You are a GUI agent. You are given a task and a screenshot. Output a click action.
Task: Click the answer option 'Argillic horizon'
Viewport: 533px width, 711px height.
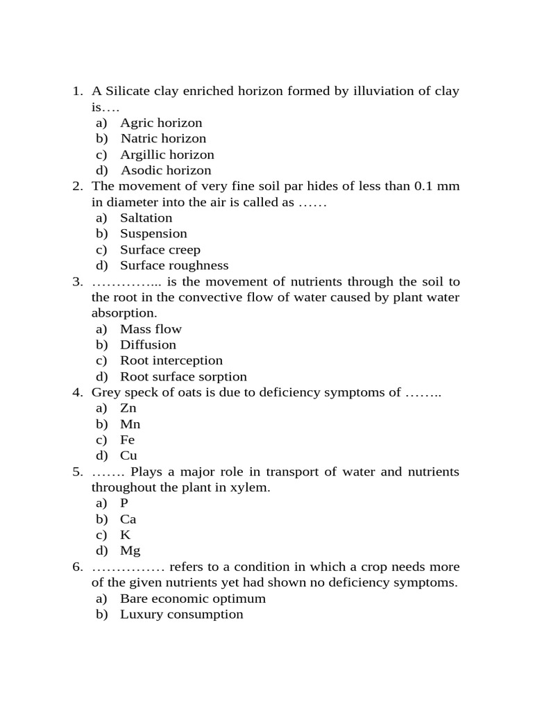pos(167,155)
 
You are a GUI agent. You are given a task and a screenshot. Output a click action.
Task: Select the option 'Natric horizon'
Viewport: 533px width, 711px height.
pos(163,139)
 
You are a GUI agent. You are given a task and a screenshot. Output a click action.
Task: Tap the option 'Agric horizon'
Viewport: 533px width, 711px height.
pos(161,123)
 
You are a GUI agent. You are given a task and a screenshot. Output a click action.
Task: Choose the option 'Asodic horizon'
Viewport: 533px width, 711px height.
pos(166,171)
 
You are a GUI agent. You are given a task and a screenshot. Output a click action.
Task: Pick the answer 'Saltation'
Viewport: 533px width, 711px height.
pos(146,218)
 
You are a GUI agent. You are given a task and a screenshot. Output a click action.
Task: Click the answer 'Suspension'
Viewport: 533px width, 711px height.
pos(153,234)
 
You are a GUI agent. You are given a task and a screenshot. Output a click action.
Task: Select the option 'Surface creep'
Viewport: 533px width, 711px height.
pos(160,250)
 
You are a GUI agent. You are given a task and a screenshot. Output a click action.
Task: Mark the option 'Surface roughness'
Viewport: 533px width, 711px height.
pos(174,266)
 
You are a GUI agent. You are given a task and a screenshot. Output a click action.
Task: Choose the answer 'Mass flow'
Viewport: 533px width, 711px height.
pos(151,329)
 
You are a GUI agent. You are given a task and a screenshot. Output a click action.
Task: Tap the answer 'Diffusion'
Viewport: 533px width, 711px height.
pos(148,345)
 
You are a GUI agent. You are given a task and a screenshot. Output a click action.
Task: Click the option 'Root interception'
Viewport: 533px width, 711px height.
pos(171,361)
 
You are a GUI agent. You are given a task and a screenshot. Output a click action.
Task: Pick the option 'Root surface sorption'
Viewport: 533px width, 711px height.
pos(183,377)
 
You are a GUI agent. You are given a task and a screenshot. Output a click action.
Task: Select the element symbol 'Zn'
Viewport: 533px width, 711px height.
pos(128,408)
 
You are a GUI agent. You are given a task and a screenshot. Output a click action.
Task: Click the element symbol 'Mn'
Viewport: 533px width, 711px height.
pos(130,424)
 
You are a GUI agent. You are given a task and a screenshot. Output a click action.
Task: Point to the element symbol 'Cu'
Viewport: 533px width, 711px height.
pos(128,456)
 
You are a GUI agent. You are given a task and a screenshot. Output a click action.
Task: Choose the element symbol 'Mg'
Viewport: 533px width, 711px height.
pos(130,551)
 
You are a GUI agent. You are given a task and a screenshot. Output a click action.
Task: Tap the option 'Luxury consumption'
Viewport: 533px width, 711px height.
pos(181,614)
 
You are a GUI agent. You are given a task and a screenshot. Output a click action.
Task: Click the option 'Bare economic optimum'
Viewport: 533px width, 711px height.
pos(192,599)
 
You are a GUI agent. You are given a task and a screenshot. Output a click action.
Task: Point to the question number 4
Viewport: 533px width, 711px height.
pos(76,393)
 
